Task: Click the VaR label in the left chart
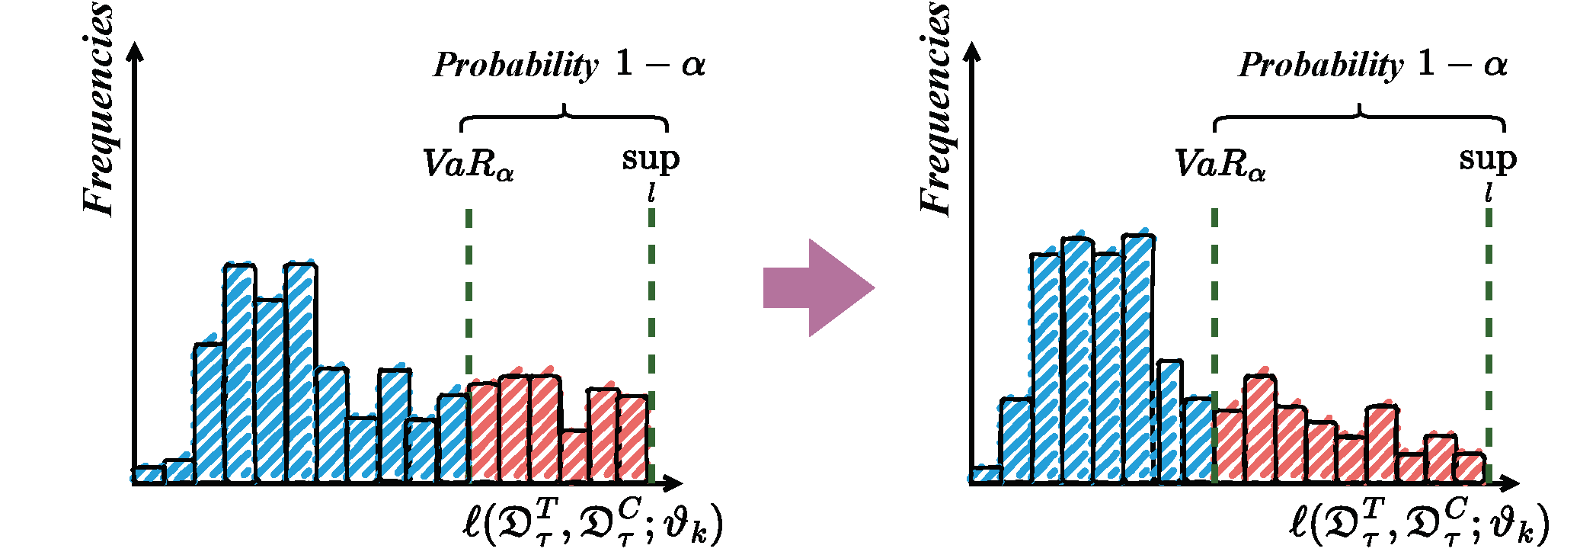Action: [467, 164]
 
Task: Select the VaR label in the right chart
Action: [1219, 164]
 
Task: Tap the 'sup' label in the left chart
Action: [650, 159]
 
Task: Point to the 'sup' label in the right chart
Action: [1487, 159]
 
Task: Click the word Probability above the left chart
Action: [516, 66]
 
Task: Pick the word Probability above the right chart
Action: [1321, 66]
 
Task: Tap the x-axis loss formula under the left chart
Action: [592, 522]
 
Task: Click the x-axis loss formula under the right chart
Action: [1419, 522]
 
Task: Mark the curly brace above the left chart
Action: [564, 117]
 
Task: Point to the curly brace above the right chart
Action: [1359, 117]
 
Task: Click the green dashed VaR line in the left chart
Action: [469, 290]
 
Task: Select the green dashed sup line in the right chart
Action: [1489, 320]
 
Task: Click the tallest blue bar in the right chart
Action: [1138, 358]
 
